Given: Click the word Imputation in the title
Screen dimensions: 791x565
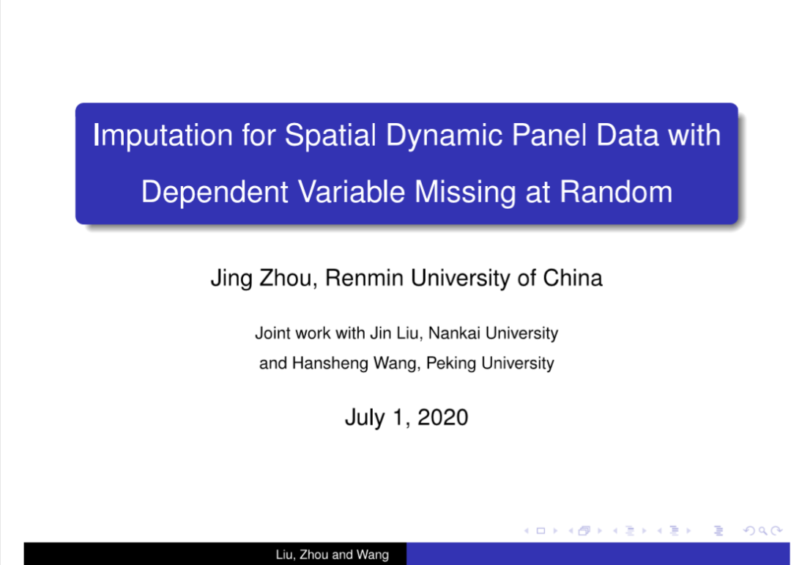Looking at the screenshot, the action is coord(163,136).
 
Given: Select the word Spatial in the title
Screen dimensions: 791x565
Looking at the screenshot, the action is coord(330,135).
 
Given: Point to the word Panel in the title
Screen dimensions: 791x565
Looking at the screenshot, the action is coord(549,135).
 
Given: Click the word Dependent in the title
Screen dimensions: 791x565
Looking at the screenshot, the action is coord(215,193).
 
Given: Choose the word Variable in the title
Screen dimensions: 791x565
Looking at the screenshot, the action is coord(351,192).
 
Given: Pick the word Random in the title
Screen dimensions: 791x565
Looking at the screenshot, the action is coord(616,192).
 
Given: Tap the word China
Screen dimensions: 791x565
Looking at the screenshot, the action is coord(573,278).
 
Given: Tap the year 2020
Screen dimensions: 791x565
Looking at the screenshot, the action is coord(443,418).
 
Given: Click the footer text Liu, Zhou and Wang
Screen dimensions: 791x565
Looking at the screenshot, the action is coord(333,555).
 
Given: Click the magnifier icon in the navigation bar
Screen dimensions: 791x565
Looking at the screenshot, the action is coord(762,531).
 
